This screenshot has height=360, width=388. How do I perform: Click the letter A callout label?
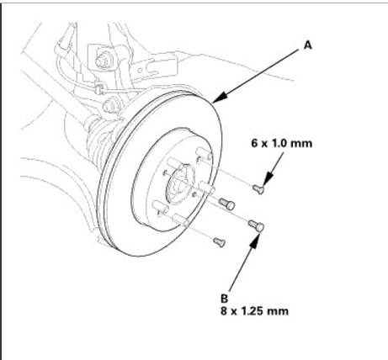(x=308, y=45)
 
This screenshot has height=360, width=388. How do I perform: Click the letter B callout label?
(x=225, y=299)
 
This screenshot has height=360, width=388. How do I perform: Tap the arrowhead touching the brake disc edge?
(x=221, y=97)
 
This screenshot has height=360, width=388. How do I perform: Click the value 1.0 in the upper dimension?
(x=277, y=143)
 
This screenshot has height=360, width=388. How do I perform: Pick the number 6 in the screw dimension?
(x=254, y=143)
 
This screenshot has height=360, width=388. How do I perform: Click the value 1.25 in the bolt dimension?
(x=252, y=311)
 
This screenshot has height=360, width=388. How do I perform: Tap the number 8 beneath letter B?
(x=224, y=311)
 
